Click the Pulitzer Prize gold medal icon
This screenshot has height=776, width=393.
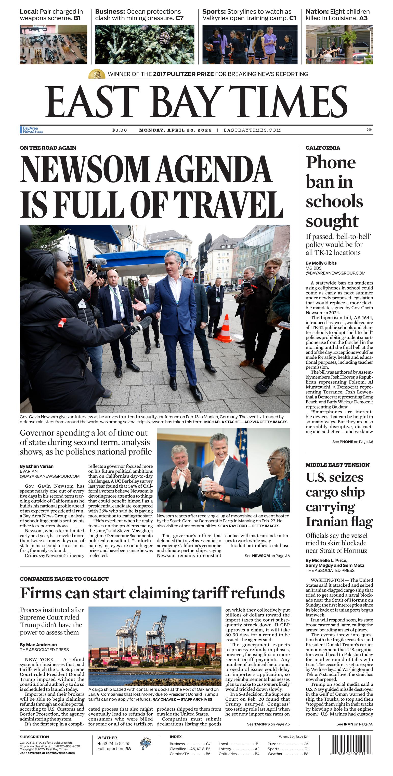coord(97,74)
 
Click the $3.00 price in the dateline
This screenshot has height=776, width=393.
coord(120,130)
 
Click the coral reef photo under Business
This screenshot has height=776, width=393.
coord(145,45)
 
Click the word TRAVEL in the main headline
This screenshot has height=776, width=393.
coord(228,205)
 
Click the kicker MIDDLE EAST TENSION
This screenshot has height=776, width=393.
coord(337,465)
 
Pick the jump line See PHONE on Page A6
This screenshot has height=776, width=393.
coord(352,442)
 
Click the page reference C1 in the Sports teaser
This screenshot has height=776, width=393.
coord(292,18)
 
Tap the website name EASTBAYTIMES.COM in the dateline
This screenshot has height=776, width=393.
coord(252,130)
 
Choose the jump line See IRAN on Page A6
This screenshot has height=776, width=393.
coord(355,724)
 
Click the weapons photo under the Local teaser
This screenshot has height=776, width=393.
coord(53,45)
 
